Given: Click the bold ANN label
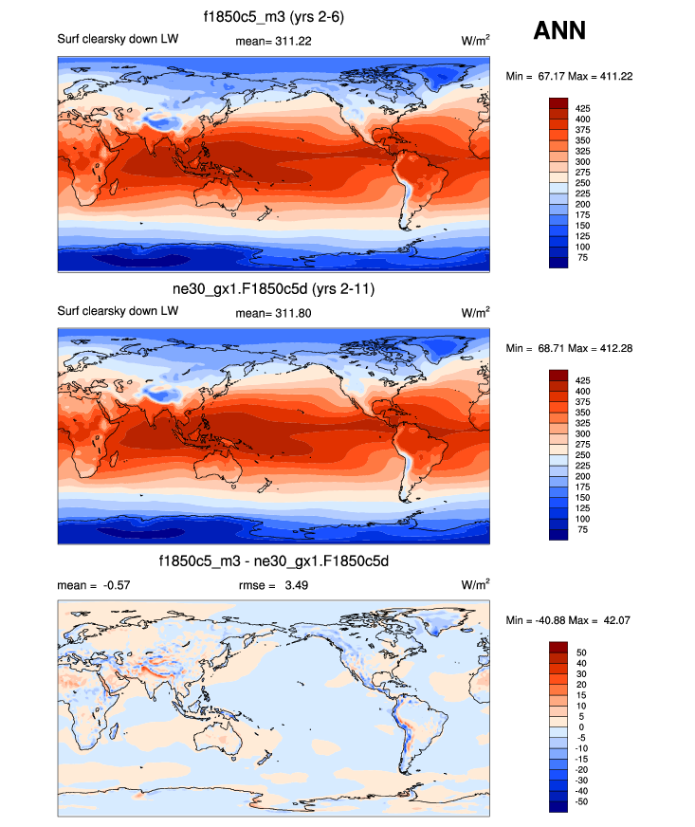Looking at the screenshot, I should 559,30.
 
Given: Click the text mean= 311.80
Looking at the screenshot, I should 270,312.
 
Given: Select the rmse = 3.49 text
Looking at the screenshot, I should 273,585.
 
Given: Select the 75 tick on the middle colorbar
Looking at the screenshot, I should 581,530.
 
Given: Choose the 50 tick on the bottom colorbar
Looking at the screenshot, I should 581,653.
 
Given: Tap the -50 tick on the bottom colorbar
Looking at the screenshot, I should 583,801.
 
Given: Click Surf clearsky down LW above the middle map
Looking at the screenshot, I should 104,312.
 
